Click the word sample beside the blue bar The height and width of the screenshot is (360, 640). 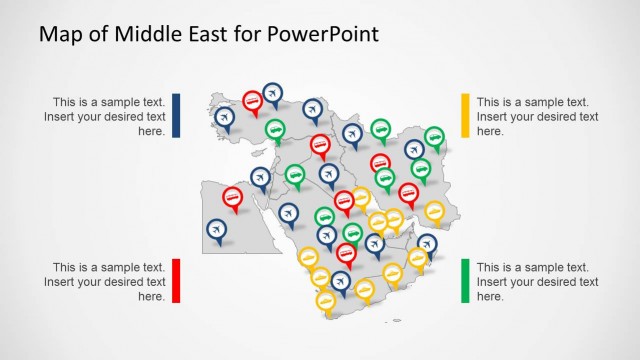pyautogui.click(x=112, y=102)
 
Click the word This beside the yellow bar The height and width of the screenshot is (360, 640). pyautogui.click(x=490, y=102)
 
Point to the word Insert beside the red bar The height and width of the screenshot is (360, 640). pyautogui.click(x=61, y=282)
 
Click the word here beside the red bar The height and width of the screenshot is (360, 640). pyautogui.click(x=151, y=296)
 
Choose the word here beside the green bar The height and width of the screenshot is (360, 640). pyautogui.click(x=490, y=296)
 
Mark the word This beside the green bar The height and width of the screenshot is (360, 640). pyautogui.click(x=490, y=268)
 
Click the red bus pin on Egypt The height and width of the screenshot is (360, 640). pyautogui.click(x=232, y=197)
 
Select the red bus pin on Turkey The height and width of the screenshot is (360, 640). pyautogui.click(x=253, y=100)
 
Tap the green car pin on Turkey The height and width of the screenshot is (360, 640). pyautogui.click(x=275, y=129)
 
